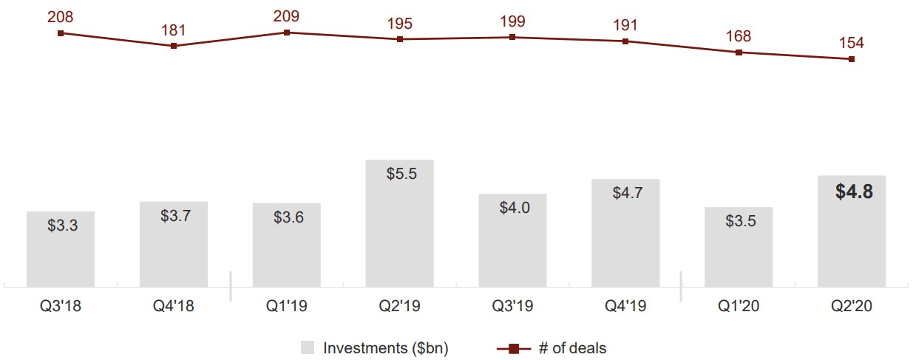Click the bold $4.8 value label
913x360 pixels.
pos(854,192)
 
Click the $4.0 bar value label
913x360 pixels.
pos(514,208)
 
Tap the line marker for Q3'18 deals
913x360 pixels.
pos(61,33)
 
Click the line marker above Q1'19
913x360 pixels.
pos(287,33)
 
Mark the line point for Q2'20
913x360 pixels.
pos(852,59)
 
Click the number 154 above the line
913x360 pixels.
pos(852,42)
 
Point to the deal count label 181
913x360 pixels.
pos(174,30)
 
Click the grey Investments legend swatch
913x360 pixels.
pos(308,347)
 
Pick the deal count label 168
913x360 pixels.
pos(739,35)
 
